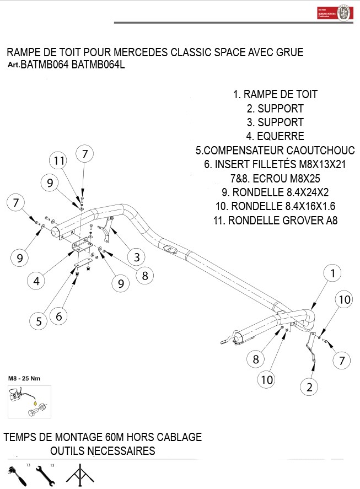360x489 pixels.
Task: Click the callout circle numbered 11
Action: (x=60, y=160)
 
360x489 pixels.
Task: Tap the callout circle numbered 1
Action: (x=332, y=272)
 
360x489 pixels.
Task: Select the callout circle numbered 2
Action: (x=309, y=387)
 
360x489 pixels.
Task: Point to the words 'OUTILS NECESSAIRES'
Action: (x=103, y=451)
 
